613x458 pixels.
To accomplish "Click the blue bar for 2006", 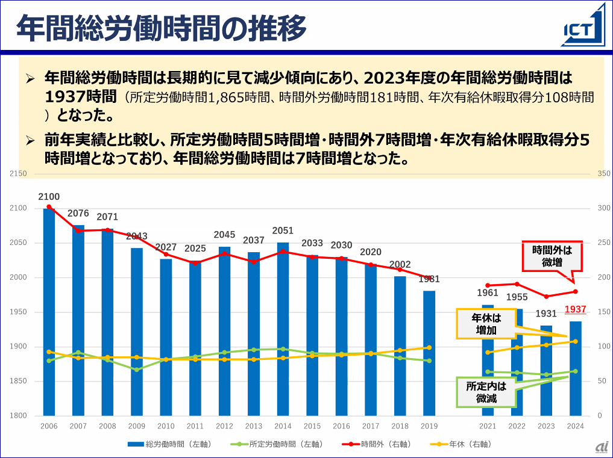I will tap(49, 313).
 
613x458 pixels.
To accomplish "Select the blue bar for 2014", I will tap(283, 331).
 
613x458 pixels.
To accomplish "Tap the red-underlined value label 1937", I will tap(575, 309).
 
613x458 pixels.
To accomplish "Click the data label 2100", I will tap(49, 197).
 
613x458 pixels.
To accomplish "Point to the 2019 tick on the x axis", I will tap(429, 426).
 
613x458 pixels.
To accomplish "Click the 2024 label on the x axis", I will tap(575, 426).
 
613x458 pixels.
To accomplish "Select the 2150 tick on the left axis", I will tap(19, 174).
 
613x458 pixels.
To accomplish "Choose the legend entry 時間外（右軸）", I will tap(377, 444).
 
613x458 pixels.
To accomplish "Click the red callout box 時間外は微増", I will tap(552, 256).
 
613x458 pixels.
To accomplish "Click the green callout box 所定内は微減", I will tap(486, 392).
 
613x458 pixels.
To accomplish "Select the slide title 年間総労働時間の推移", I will tap(161, 28).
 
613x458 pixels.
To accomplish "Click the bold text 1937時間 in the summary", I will tap(80, 96).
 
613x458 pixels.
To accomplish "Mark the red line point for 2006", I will tap(49, 206).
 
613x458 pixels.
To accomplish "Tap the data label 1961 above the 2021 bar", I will tap(488, 293).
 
